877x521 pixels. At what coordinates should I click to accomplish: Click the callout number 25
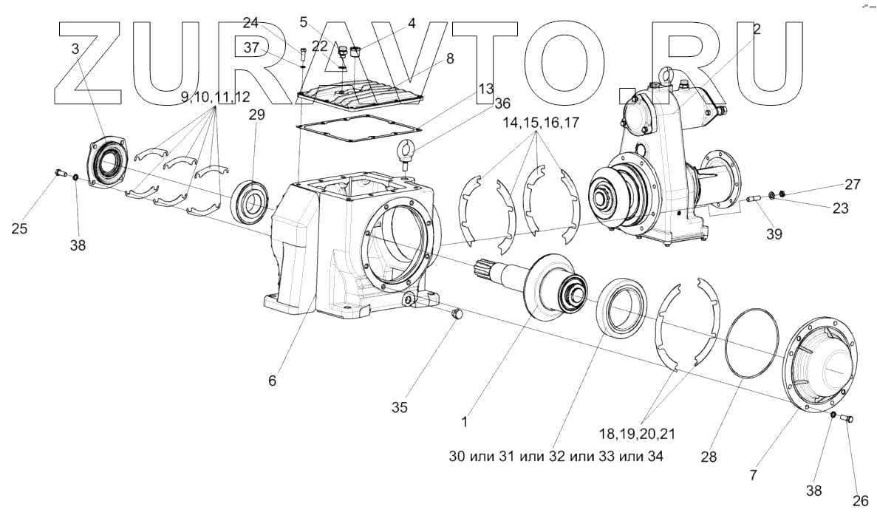click(20, 229)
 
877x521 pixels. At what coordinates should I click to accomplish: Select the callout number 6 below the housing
click(272, 381)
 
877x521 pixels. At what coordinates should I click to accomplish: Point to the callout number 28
click(709, 457)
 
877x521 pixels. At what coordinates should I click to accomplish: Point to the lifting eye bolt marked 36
click(406, 152)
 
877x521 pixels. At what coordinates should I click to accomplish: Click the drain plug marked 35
click(455, 316)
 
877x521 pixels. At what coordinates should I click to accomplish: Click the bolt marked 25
click(61, 174)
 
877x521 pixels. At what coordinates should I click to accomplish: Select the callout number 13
click(485, 87)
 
